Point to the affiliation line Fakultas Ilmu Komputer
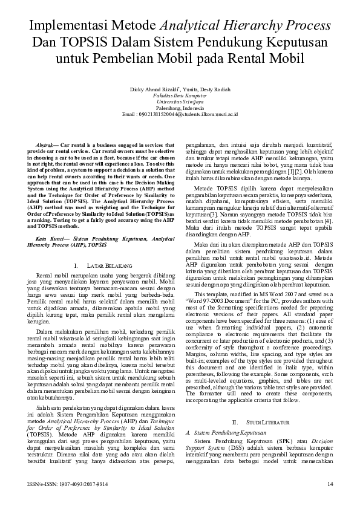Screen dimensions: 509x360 tap(180, 96)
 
